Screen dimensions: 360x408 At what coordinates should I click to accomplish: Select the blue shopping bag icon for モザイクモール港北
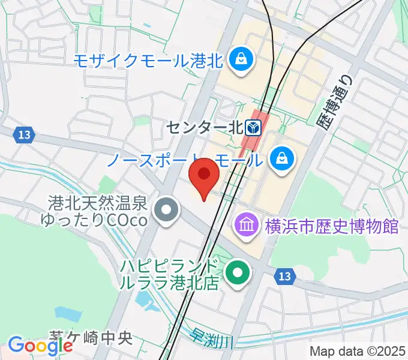tap(241, 59)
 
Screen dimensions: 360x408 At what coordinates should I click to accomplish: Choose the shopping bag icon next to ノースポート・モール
tap(280, 159)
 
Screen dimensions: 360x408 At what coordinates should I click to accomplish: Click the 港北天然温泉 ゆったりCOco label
tap(93, 212)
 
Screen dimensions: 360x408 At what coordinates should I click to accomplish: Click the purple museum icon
tap(246, 226)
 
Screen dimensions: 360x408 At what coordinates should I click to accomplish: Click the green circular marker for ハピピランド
tap(238, 274)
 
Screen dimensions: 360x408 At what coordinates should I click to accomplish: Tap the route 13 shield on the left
tap(24, 135)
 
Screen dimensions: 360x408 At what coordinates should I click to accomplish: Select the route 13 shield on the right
tap(285, 277)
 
